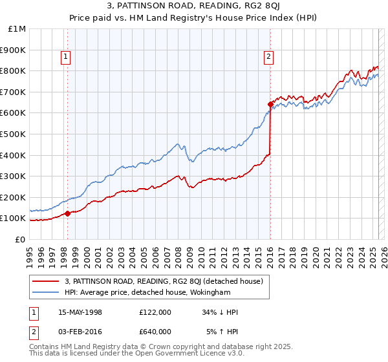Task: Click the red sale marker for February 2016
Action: click(270, 103)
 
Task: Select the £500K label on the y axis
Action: click(14, 134)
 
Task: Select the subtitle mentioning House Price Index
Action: click(194, 19)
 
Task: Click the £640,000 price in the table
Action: click(155, 332)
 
